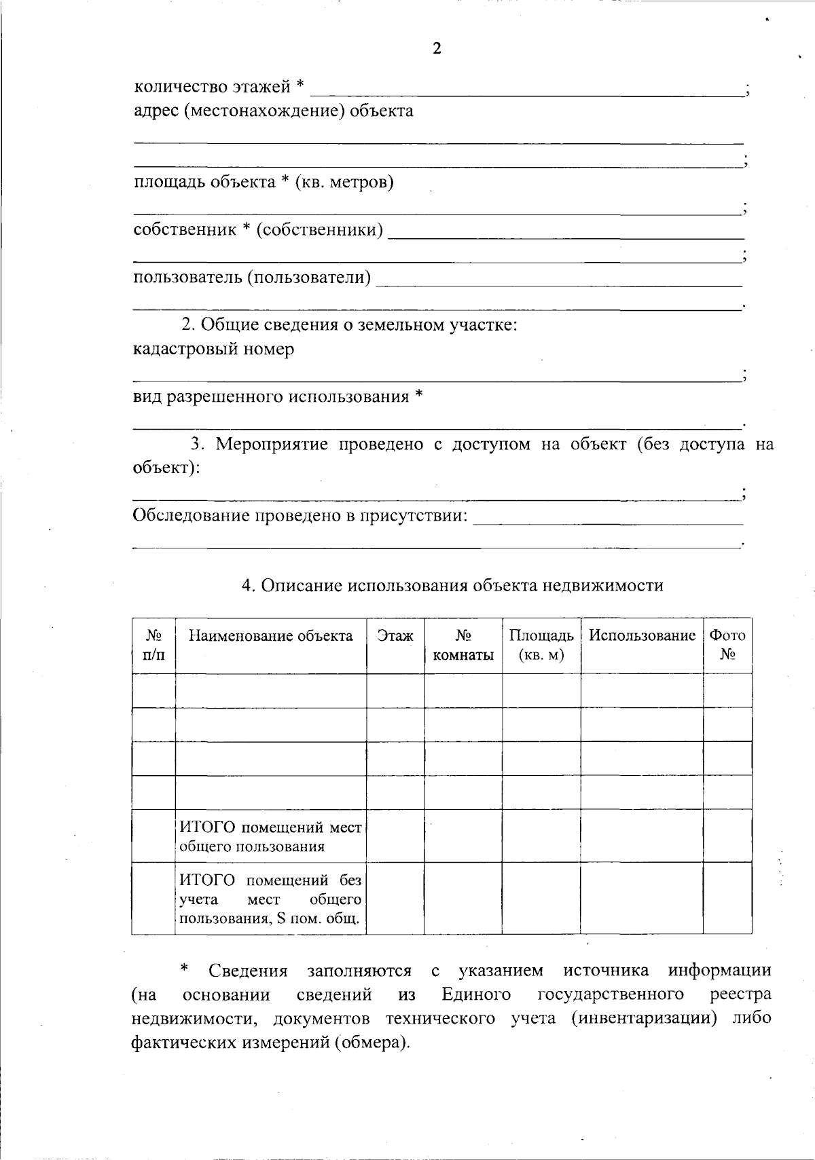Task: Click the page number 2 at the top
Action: click(x=437, y=49)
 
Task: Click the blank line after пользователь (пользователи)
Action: click(x=558, y=284)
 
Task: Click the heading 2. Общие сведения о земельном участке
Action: click(x=349, y=324)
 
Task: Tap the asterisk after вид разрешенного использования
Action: click(x=419, y=396)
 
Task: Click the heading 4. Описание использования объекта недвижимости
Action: click(x=452, y=586)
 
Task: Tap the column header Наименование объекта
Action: click(x=270, y=636)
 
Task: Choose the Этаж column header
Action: click(x=395, y=636)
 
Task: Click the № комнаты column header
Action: click(x=463, y=646)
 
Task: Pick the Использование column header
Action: click(x=642, y=636)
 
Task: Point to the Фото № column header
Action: click(x=727, y=645)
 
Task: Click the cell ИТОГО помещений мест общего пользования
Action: click(x=270, y=836)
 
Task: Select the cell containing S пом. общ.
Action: click(x=270, y=899)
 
